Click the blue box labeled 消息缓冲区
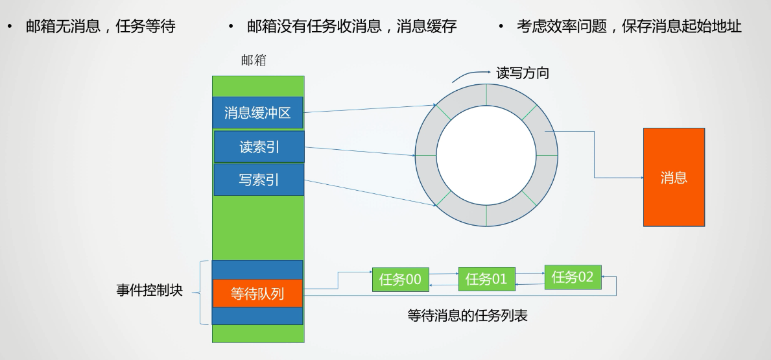tap(257, 112)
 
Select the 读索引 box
tap(259, 147)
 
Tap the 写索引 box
tap(259, 180)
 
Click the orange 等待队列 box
tap(257, 294)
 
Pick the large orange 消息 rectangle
tap(674, 177)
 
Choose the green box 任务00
tap(400, 280)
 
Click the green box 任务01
tap(486, 280)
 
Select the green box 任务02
tap(573, 278)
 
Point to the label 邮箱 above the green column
tap(254, 60)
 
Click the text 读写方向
tap(523, 73)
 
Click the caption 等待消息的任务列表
tap(467, 316)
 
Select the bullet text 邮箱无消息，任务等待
tap(101, 27)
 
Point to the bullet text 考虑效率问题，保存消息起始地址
tap(628, 27)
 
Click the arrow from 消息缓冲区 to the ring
tap(370, 108)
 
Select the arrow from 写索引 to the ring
tap(370, 193)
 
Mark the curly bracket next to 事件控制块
tap(204, 292)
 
